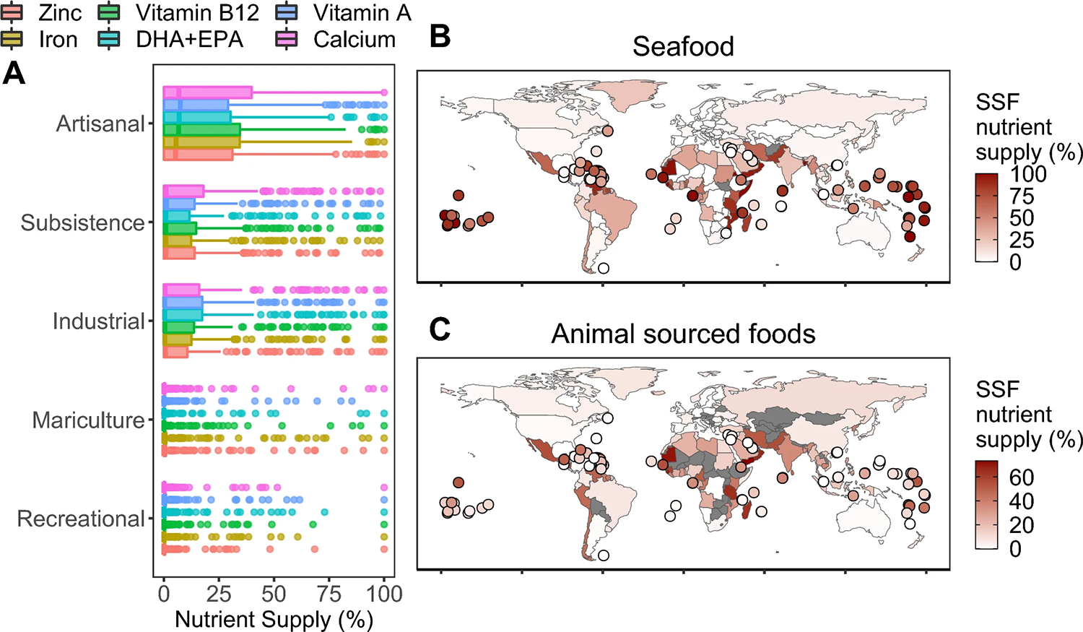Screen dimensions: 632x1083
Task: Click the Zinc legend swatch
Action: click(x=13, y=12)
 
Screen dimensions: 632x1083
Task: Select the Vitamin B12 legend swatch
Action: click(x=109, y=12)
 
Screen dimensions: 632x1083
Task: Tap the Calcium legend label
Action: click(x=355, y=39)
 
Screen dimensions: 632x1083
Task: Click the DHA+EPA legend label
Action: click(x=189, y=39)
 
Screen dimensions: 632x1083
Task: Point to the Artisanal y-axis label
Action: click(x=100, y=124)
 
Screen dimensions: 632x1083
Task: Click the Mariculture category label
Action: click(x=88, y=420)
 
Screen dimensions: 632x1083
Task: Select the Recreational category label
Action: click(x=81, y=519)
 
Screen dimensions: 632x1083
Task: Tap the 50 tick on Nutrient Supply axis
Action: click(x=274, y=594)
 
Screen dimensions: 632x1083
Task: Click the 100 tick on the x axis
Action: click(x=384, y=594)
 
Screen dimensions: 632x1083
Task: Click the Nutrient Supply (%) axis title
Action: click(x=274, y=619)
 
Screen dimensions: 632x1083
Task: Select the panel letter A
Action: click(x=14, y=74)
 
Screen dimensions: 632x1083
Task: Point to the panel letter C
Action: click(x=440, y=329)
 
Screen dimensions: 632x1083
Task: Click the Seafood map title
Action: click(x=683, y=46)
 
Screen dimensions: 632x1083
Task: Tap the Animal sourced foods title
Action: click(x=683, y=334)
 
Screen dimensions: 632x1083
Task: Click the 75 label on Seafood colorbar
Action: click(x=1022, y=196)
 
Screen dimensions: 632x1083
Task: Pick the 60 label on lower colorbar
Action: click(x=1022, y=477)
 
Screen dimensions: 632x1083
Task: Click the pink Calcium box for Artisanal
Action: click(x=208, y=92)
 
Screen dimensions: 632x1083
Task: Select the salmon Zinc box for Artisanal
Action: click(x=198, y=154)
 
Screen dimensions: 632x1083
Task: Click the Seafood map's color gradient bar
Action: click(x=986, y=217)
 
